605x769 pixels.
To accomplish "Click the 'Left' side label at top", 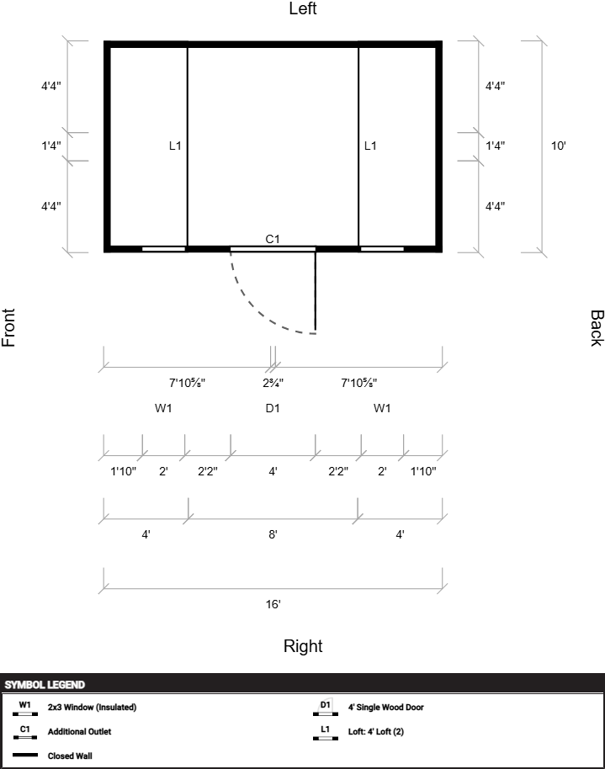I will click(302, 9).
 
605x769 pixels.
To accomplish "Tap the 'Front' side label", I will click(9, 327).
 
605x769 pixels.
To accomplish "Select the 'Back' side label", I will click(596, 327).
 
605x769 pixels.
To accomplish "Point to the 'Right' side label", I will click(302, 646).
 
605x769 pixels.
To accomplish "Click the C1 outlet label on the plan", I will click(273, 239).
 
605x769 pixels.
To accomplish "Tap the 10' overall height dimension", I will click(559, 146).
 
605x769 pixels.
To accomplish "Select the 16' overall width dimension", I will click(273, 604).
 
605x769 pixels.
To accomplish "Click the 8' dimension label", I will click(273, 534).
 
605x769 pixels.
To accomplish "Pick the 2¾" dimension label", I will click(273, 384).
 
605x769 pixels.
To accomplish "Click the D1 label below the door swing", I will click(273, 408).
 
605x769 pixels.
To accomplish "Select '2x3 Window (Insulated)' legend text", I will click(92, 708).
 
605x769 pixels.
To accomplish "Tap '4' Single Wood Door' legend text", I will click(385, 708).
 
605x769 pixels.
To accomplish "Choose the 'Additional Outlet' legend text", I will click(79, 732).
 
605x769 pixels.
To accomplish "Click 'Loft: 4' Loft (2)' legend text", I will click(376, 732).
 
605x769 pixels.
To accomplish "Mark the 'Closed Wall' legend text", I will click(70, 756).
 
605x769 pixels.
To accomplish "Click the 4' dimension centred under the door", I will click(273, 472).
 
